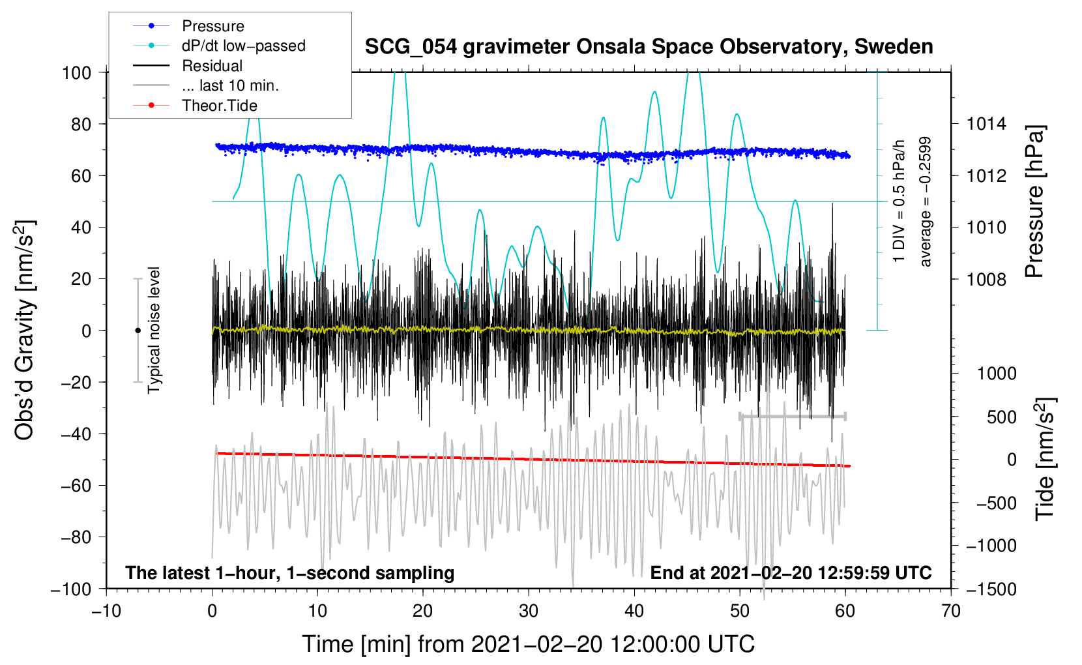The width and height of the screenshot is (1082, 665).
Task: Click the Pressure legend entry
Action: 188,25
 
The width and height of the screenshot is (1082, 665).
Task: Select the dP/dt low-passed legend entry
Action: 219,46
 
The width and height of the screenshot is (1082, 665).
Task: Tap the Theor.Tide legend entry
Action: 195,106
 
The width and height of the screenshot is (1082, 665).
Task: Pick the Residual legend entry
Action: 188,66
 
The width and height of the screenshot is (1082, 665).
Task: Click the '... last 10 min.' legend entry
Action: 206,85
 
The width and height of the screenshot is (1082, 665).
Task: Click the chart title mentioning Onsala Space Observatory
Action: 649,47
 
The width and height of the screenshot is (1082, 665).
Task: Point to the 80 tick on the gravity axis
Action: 81,125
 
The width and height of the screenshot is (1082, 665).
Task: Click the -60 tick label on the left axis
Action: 76,485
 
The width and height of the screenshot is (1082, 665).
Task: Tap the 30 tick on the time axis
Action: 529,611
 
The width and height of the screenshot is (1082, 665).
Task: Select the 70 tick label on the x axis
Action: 950,611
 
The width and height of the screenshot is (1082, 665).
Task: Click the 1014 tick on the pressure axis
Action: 986,125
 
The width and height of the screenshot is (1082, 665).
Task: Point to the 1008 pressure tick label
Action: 986,279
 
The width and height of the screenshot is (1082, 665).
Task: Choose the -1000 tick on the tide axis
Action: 991,546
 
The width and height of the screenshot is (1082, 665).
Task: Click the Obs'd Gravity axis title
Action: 24,331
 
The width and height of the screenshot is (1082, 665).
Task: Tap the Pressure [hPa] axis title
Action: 1034,201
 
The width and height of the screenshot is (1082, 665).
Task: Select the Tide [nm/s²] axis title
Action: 1045,459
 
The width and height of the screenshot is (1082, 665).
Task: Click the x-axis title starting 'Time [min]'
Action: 529,644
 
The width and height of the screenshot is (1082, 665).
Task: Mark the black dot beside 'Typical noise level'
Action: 138,331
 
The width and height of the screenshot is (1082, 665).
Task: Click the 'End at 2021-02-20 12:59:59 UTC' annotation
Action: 791,572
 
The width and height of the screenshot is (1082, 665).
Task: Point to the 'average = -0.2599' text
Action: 924,201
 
